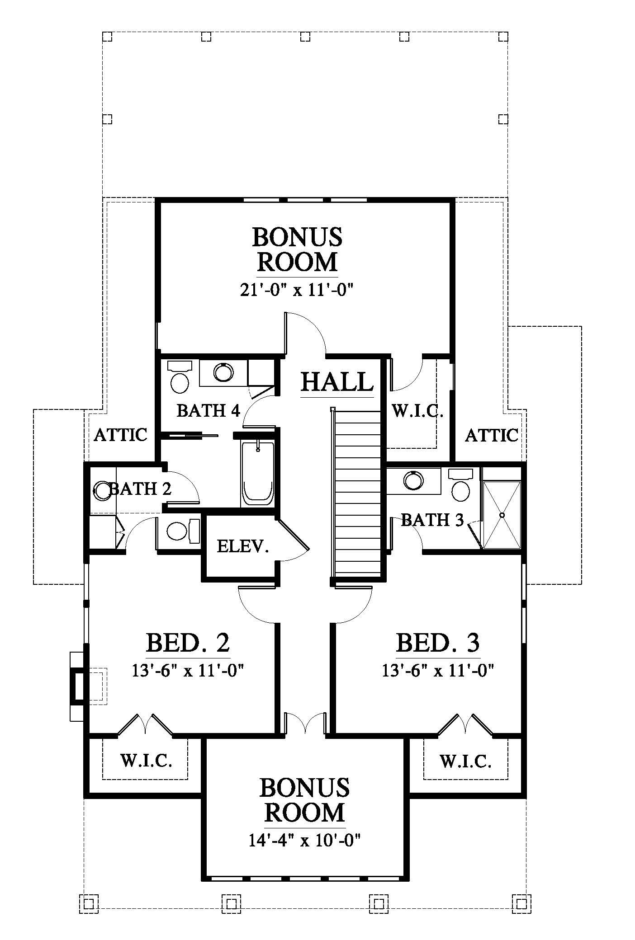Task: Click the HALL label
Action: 337,382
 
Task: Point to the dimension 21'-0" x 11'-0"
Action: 296,290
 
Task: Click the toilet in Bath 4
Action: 180,377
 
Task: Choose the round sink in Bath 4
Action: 224,372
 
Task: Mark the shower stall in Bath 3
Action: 502,515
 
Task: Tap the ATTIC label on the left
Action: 121,435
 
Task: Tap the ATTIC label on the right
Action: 492,435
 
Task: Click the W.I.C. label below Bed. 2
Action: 146,761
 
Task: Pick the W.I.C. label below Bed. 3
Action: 465,761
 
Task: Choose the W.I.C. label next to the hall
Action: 417,411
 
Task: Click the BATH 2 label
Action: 140,489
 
